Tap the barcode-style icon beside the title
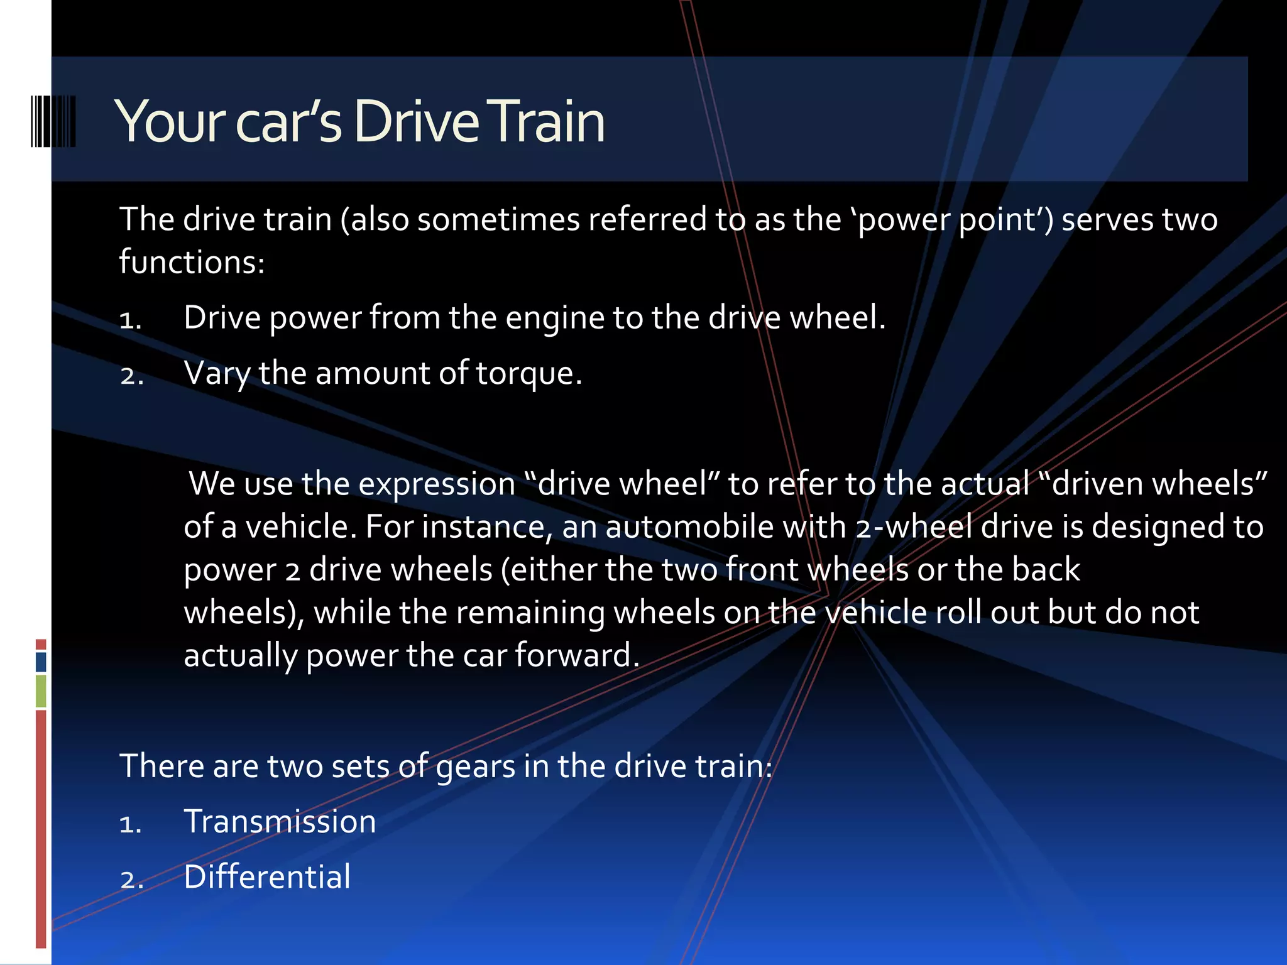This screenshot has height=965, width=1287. pos(53,121)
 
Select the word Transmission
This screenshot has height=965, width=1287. pos(280,822)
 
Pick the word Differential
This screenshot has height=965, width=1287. pos(267,877)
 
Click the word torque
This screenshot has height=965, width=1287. pos(528,374)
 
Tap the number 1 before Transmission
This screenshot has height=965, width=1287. pos(130,824)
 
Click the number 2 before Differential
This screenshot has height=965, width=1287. pos(131,880)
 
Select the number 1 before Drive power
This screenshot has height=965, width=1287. pos(130,320)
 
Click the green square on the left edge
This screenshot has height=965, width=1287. pos(41,690)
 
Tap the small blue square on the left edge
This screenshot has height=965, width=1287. pos(41,662)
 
